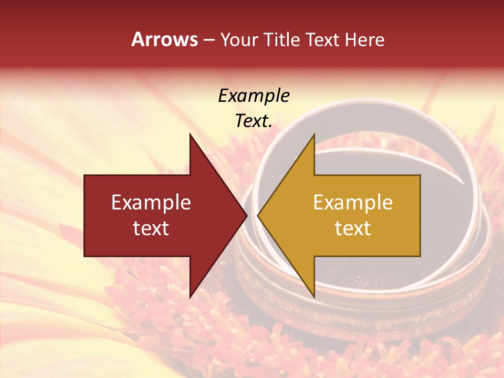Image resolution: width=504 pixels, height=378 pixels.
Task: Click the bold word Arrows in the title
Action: point(164,39)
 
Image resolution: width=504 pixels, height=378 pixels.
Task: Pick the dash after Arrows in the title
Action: point(208,40)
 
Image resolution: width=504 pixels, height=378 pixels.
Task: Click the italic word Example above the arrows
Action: point(254,96)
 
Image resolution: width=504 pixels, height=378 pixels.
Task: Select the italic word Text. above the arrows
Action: point(254,121)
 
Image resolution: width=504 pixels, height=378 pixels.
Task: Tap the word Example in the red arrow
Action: point(151,203)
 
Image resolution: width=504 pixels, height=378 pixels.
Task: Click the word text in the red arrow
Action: point(151,228)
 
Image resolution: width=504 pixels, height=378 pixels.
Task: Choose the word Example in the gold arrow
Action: point(353,203)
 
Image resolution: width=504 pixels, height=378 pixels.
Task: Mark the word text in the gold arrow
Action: point(353,228)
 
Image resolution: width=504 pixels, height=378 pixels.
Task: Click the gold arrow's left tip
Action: point(258,215)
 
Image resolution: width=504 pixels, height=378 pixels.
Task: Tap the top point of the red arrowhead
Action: point(190,134)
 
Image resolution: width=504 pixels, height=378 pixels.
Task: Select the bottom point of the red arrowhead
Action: point(190,297)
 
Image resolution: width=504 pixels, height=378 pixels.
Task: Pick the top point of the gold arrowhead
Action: point(314,134)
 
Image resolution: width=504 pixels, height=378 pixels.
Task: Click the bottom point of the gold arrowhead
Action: point(314,297)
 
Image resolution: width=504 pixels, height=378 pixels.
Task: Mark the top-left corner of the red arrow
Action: point(85,175)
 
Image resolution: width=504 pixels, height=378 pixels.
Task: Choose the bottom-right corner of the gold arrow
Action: point(420,256)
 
